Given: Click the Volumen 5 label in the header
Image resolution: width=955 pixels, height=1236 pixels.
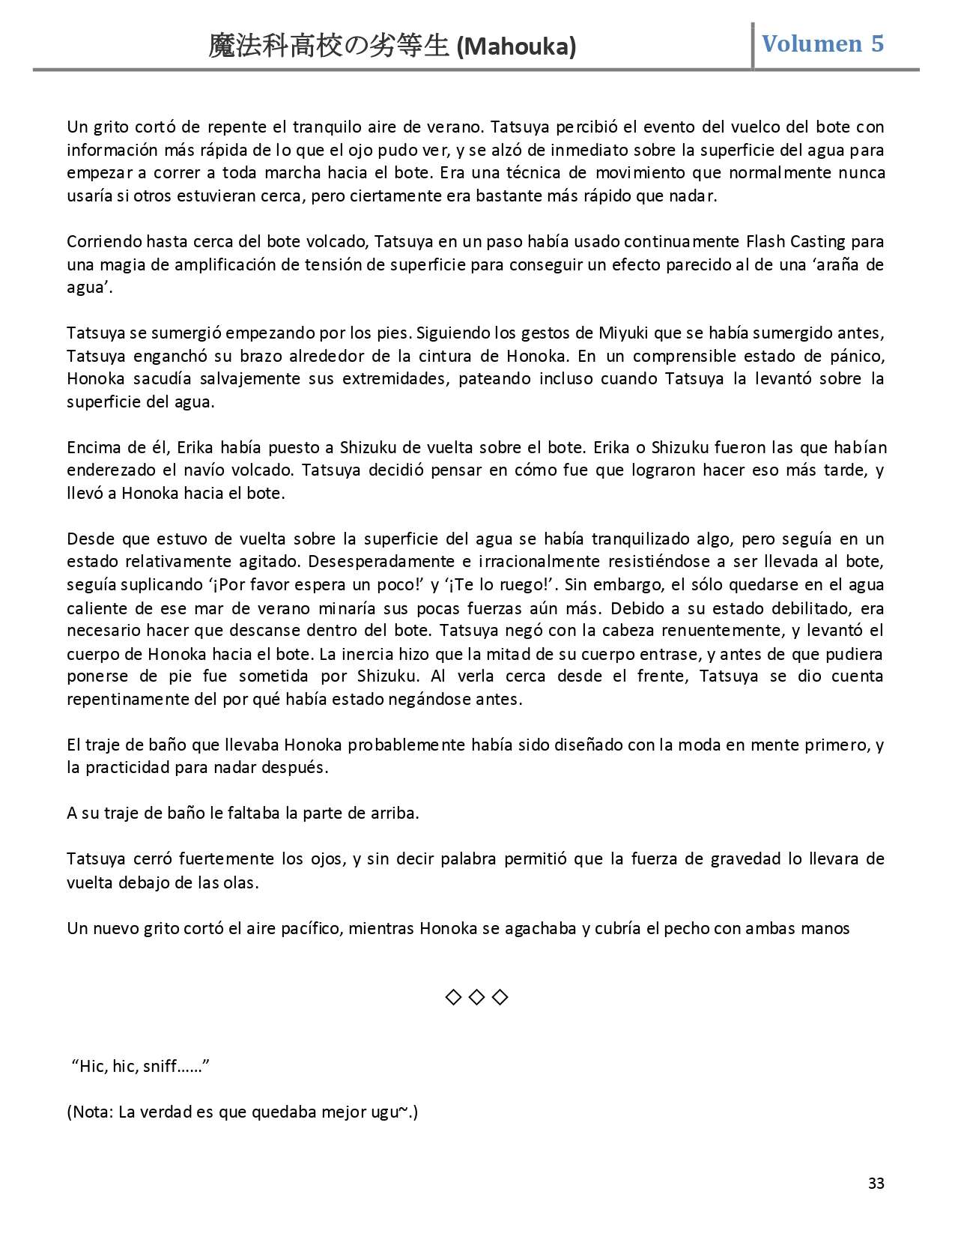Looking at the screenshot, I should [822, 44].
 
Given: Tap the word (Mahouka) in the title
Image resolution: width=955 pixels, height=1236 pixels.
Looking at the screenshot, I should [516, 47].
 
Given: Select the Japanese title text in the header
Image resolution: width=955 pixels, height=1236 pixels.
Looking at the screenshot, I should [330, 47].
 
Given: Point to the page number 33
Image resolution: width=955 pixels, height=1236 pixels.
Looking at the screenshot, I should [876, 1183].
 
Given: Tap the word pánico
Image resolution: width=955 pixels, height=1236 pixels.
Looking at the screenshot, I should [857, 356].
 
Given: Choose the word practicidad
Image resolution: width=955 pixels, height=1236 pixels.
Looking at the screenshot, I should [130, 768].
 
